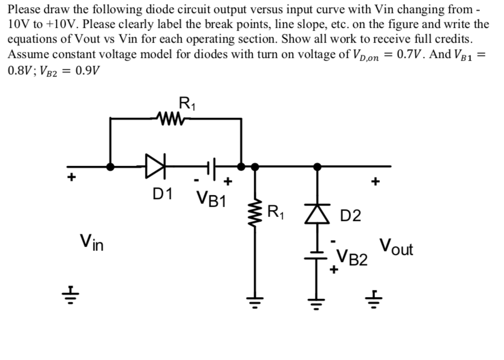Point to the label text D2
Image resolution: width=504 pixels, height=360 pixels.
[350, 216]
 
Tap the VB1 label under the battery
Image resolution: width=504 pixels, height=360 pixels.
[210, 198]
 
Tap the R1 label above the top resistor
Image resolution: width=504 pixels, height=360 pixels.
[186, 102]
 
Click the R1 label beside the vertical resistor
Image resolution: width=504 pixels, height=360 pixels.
[276, 210]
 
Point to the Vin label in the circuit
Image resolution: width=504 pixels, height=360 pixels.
[92, 241]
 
